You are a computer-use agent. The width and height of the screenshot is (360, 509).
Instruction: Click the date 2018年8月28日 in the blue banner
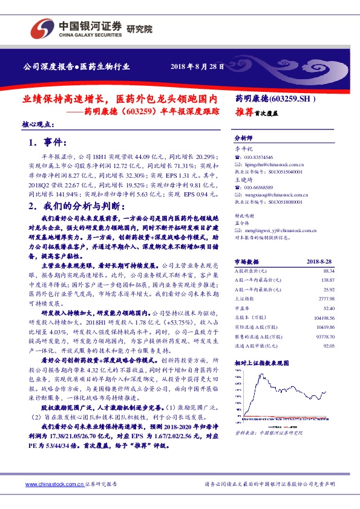tap(197, 66)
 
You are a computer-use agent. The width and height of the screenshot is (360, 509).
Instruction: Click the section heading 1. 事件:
tap(46, 143)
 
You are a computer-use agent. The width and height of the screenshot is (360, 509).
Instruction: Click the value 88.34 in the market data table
tap(328, 271)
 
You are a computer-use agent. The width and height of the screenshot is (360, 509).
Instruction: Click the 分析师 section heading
tap(242, 137)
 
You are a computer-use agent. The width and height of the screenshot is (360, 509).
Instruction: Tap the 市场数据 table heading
tap(246, 262)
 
